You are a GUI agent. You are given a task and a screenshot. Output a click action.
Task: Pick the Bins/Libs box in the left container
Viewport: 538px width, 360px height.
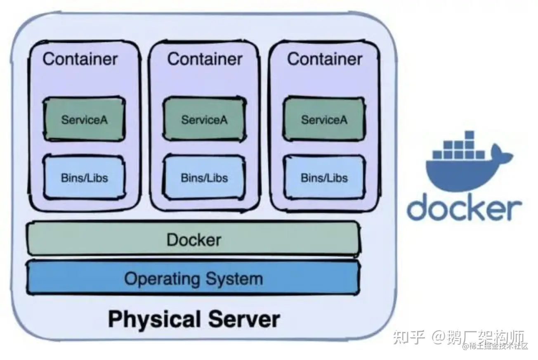tap(84, 178)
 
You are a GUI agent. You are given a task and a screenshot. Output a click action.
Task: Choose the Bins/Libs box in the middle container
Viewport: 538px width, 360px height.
tap(204, 178)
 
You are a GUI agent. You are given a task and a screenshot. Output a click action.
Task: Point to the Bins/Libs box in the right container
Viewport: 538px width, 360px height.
tap(324, 178)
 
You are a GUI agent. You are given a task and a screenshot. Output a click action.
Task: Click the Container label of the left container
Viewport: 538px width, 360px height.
tap(80, 59)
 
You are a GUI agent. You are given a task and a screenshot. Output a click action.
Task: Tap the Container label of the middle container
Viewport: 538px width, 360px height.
tap(205, 59)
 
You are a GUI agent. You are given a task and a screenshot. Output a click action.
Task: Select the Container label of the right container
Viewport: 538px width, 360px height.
tap(325, 59)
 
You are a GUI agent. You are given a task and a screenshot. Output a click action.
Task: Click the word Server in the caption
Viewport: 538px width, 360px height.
tap(244, 319)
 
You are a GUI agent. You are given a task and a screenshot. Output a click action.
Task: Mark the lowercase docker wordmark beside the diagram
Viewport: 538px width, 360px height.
tap(464, 208)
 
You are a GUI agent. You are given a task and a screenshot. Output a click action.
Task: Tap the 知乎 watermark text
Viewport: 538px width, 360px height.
tap(408, 337)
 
